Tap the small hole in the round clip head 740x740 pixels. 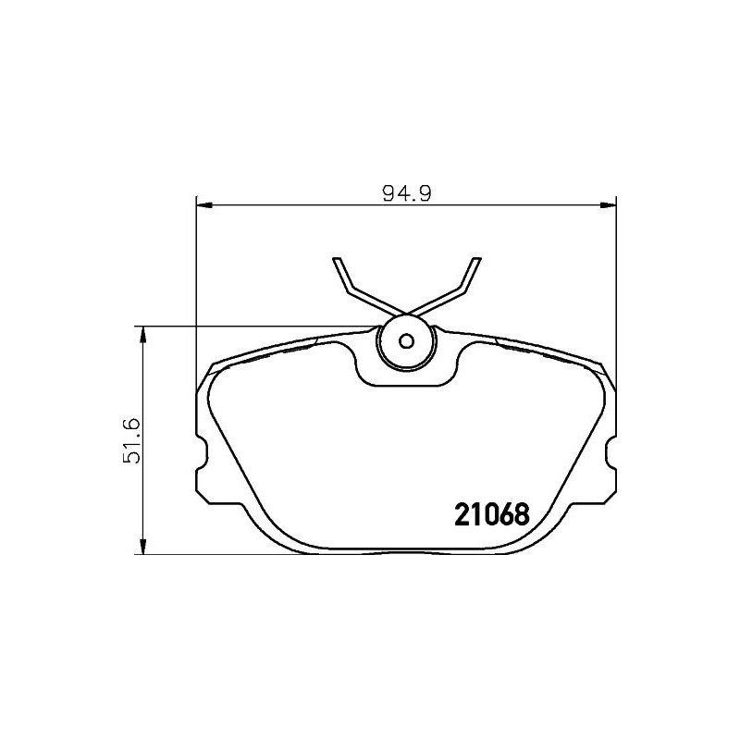click(x=405, y=339)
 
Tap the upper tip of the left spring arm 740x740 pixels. click(x=339, y=258)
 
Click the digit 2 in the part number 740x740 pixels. click(x=460, y=513)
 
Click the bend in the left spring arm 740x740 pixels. click(x=350, y=291)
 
